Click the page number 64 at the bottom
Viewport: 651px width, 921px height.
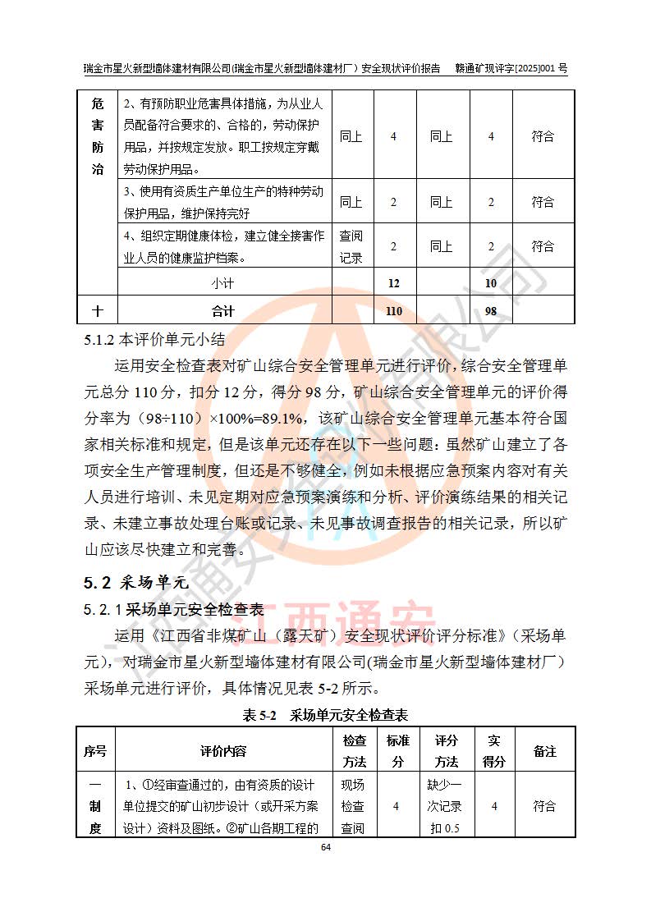point(325,846)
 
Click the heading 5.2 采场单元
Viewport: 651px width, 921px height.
point(135,584)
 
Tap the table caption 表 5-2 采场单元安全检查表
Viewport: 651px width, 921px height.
point(325,715)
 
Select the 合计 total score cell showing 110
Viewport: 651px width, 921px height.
point(394,311)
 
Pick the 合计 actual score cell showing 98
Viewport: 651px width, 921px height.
point(491,311)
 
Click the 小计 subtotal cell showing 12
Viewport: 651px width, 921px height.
point(394,283)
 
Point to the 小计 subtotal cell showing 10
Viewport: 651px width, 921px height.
point(491,283)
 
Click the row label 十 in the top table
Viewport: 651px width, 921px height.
point(98,311)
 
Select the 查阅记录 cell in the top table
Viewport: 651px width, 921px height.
point(351,246)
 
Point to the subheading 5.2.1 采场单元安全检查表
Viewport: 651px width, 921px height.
point(173,610)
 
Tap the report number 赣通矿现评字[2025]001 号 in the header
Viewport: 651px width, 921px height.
point(511,70)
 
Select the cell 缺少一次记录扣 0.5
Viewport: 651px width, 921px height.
point(446,806)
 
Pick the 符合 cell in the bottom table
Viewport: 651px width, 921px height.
point(544,806)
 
